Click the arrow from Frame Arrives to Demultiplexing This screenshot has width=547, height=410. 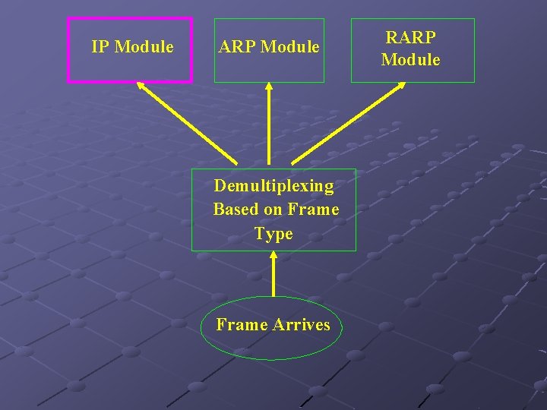tap(273, 274)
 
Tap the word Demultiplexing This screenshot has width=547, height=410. tap(273, 186)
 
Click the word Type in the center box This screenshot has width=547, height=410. tap(273, 234)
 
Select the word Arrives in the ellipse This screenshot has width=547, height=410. tap(302, 325)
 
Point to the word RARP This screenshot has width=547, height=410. tap(411, 36)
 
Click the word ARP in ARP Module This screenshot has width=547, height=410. tap(236, 47)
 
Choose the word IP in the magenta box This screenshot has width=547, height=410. tap(100, 47)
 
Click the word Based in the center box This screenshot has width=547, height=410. tap(236, 210)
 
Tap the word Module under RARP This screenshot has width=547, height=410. tap(411, 59)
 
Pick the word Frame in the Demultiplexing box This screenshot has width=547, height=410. tap(313, 210)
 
